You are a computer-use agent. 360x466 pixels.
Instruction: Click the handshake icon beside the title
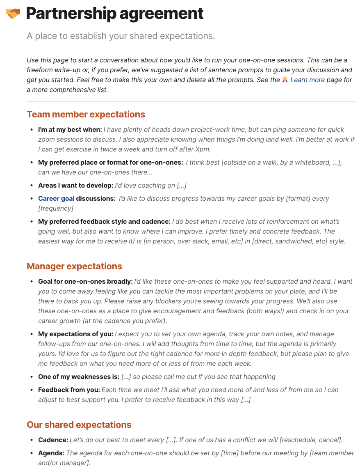tap(13, 14)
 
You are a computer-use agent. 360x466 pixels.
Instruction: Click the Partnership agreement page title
tap(114, 14)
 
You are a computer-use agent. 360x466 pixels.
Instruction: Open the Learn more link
tap(307, 80)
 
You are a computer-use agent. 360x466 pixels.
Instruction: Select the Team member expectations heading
tap(86, 114)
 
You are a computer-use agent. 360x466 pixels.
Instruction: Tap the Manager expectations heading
tap(74, 266)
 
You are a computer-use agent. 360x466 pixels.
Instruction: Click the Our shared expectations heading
tap(79, 425)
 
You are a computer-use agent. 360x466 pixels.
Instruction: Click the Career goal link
tap(56, 199)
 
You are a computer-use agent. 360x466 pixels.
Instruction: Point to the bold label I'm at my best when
tap(70, 130)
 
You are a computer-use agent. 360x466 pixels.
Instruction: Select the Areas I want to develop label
tap(75, 186)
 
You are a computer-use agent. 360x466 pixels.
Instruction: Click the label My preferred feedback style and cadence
tap(104, 222)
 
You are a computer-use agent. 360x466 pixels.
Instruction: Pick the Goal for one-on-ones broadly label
tap(85, 282)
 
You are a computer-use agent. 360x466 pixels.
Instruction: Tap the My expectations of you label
tap(75, 334)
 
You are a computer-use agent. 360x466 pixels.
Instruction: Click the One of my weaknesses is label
tap(79, 377)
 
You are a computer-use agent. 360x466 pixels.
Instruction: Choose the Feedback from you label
tap(69, 390)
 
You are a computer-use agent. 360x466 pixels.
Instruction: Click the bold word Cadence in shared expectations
tap(53, 440)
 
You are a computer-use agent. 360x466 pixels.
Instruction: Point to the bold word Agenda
tap(51, 453)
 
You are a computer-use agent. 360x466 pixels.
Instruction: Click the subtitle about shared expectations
tap(121, 36)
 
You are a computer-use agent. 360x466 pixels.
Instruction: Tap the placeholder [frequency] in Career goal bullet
tap(56, 209)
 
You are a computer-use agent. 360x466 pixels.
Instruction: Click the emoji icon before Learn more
tap(285, 80)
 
